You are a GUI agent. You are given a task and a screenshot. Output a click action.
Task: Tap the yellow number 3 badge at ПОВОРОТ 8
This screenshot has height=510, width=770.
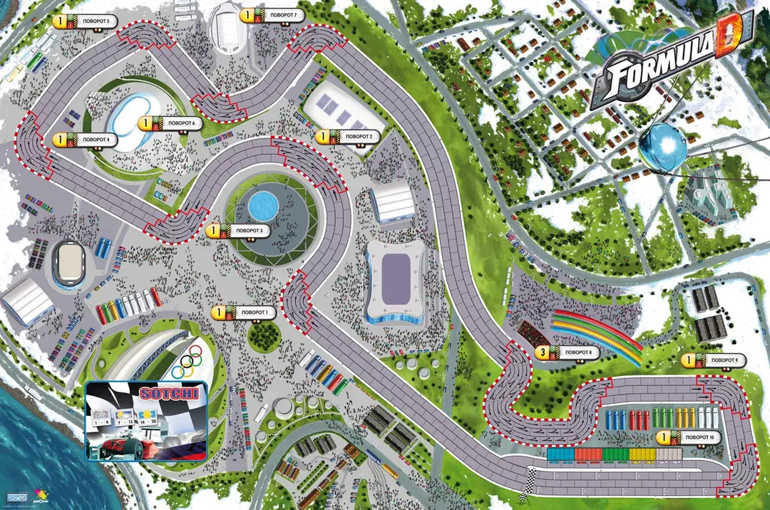(543, 352)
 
